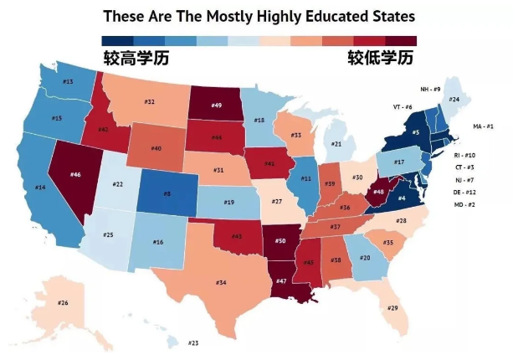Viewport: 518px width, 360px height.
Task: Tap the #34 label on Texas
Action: click(221, 283)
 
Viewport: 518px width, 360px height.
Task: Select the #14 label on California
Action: click(39, 188)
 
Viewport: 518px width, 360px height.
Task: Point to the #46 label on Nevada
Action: click(75, 175)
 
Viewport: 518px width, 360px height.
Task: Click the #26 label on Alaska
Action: click(63, 302)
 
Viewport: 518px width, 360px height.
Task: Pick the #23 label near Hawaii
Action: click(193, 342)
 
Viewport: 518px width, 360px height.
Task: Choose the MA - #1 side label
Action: click(484, 126)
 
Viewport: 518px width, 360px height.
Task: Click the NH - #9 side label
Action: click(430, 89)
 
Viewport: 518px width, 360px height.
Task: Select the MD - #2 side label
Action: click(464, 205)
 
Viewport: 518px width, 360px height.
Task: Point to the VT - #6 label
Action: click(403, 107)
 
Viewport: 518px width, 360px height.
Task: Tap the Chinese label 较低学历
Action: click(381, 59)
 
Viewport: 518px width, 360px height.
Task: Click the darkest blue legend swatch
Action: click(116, 40)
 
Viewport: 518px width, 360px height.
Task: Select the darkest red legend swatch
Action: click(400, 40)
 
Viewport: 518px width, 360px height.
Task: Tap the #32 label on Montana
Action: click(149, 102)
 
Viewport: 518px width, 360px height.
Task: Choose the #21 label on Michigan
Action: click(336, 144)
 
